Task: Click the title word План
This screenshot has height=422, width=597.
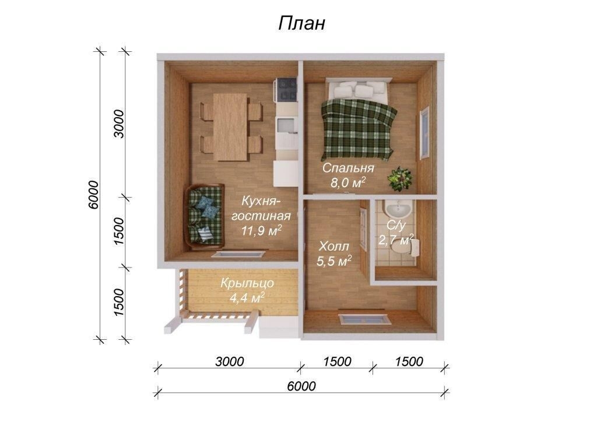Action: tap(302, 23)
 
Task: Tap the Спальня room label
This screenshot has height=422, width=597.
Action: tap(348, 168)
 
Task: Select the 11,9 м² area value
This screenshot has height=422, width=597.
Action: tap(262, 230)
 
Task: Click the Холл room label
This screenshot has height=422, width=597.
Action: tap(333, 246)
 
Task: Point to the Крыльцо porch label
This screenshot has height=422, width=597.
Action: tap(247, 283)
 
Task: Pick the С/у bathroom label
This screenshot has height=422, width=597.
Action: tap(396, 225)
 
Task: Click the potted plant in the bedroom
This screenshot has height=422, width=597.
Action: tap(400, 178)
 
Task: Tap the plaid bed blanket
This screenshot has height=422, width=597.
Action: tap(358, 129)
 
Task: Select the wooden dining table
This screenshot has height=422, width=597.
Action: tap(230, 126)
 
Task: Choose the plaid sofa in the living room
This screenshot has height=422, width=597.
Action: tap(205, 216)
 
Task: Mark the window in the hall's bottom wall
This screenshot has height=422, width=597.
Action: tap(365, 318)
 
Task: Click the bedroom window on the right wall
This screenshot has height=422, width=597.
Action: tap(424, 133)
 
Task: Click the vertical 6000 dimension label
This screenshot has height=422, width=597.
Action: tap(93, 195)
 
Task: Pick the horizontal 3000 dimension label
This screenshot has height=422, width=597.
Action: tap(229, 361)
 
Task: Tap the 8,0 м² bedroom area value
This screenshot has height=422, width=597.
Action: tap(348, 182)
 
